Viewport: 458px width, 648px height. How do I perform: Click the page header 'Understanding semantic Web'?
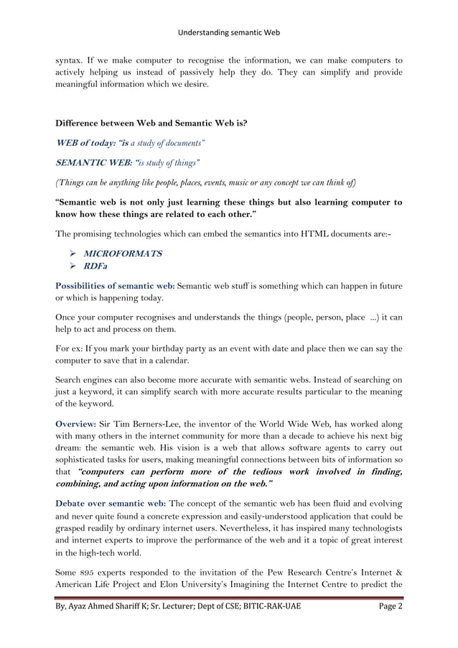tap(229, 32)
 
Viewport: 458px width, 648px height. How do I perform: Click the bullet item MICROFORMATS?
tap(123, 254)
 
